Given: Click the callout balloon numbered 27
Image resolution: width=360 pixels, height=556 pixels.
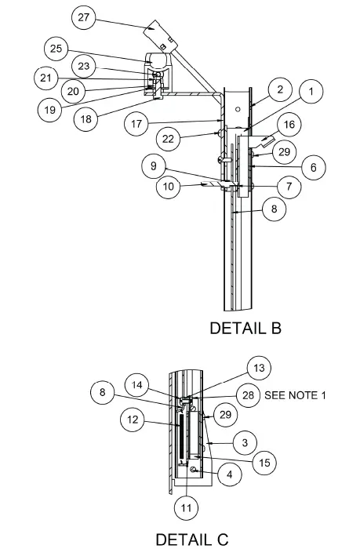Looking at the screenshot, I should coord(84,16).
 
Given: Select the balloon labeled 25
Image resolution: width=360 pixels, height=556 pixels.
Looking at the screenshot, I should coord(56,49).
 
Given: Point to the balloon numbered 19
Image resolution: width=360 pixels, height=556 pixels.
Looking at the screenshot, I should coord(49,111).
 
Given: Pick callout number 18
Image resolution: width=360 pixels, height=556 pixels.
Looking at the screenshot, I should coord(86,119).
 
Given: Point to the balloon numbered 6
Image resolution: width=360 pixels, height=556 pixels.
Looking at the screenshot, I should coord(312,167).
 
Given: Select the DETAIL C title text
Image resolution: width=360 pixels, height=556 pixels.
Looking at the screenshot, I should coord(192,540).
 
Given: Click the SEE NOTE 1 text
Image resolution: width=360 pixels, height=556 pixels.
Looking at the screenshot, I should coord(295,395).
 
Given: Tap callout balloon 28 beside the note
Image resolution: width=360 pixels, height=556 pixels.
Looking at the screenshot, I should coord(249,395).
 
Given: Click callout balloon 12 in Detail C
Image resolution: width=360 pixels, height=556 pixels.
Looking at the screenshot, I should coord(133,420).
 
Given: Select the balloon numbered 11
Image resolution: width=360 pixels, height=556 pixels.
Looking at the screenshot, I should coord(186,508).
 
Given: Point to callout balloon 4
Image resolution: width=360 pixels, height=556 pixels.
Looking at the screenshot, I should coord(230,474).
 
